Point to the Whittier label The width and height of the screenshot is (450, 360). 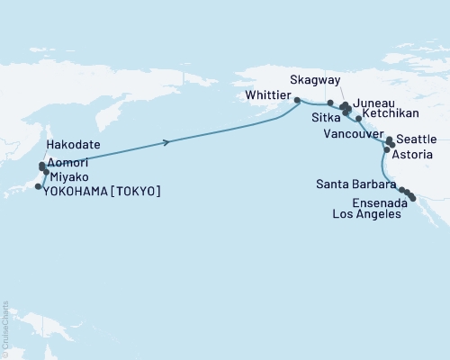269,94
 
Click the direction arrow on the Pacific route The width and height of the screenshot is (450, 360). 167,142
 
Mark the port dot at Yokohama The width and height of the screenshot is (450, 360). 38,186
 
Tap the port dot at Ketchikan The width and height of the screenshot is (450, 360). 358,119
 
